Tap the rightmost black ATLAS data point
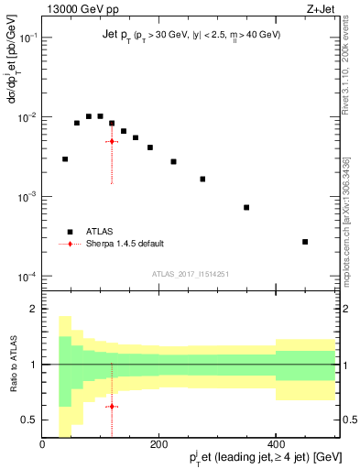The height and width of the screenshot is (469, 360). coord(305,242)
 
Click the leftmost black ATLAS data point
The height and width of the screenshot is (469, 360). coord(65,159)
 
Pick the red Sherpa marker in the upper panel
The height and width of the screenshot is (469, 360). coord(112,141)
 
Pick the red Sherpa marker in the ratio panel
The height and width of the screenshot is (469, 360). coord(112,406)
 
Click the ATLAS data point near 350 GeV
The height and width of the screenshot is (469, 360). coord(246,207)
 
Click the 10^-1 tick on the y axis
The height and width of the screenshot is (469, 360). coord(28,38)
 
